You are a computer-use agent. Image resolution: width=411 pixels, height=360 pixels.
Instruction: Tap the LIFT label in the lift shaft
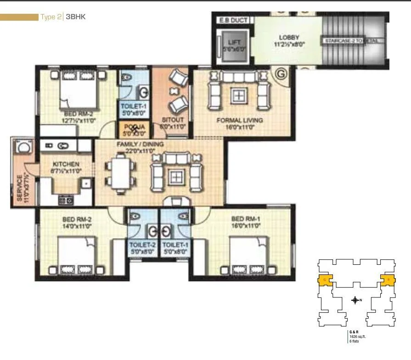(x=234, y=42)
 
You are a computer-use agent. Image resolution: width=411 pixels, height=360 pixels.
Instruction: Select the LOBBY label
(x=289, y=37)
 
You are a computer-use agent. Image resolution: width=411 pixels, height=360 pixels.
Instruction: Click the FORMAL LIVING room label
(x=240, y=120)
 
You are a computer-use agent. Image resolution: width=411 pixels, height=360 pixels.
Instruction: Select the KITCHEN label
(x=66, y=164)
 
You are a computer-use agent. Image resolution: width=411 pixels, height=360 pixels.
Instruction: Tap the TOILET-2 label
(x=141, y=245)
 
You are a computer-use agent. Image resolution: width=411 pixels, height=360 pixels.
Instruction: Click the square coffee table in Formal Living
(x=238, y=95)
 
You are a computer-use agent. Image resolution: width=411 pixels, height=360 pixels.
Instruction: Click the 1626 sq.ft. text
(x=357, y=337)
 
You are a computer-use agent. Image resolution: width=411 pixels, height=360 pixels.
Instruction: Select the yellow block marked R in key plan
(x=388, y=279)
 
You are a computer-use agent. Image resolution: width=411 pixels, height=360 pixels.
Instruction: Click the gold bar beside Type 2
(x=19, y=17)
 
